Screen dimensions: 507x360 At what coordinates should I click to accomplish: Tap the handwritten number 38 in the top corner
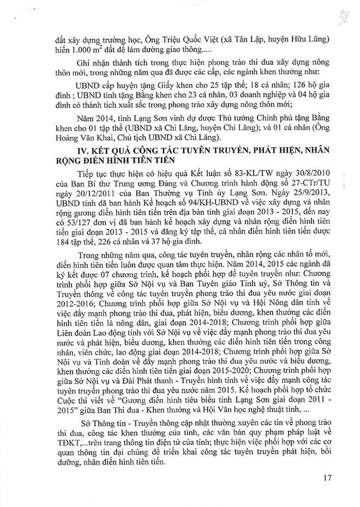[343, 13]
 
